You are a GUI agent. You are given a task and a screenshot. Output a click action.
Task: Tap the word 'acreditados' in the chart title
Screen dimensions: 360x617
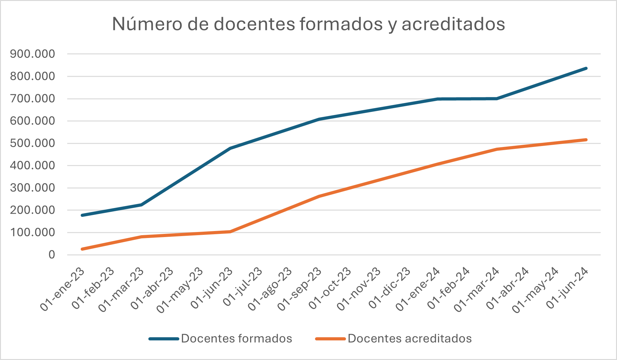[x=453, y=24]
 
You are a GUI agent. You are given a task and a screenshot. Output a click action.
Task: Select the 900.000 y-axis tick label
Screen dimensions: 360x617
[x=32, y=54]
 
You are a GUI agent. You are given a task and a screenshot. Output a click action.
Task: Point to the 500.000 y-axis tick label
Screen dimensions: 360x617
[x=32, y=143]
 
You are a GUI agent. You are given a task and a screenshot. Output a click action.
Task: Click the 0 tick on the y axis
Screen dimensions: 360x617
[x=52, y=255]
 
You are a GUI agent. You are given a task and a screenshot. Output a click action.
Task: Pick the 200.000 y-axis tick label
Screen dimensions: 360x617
[x=32, y=210]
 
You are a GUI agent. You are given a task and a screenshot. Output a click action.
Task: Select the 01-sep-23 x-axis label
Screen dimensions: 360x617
[x=300, y=289]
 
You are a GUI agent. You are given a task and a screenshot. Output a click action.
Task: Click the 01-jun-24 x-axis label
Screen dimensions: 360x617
[x=567, y=289]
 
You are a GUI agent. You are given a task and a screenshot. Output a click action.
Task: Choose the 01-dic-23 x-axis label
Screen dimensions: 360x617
[x=390, y=289]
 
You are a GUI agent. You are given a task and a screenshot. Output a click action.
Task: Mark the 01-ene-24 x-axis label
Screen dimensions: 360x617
[x=418, y=289]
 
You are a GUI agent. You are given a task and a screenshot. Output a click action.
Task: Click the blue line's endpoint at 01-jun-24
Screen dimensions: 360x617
[x=586, y=68]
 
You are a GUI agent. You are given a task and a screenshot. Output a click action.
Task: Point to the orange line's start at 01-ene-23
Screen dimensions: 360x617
[x=82, y=249]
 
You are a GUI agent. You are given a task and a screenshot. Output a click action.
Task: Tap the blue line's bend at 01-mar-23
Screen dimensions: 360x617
[x=141, y=205]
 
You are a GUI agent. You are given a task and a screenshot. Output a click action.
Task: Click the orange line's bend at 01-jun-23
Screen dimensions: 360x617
[x=230, y=232]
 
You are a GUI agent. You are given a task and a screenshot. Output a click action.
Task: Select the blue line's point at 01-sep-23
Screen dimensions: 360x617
[x=319, y=119]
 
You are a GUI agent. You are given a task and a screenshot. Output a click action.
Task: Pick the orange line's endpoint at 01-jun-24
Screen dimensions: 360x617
[x=586, y=140]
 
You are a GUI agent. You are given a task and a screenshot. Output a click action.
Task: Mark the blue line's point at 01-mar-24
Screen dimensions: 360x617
[x=497, y=99]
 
